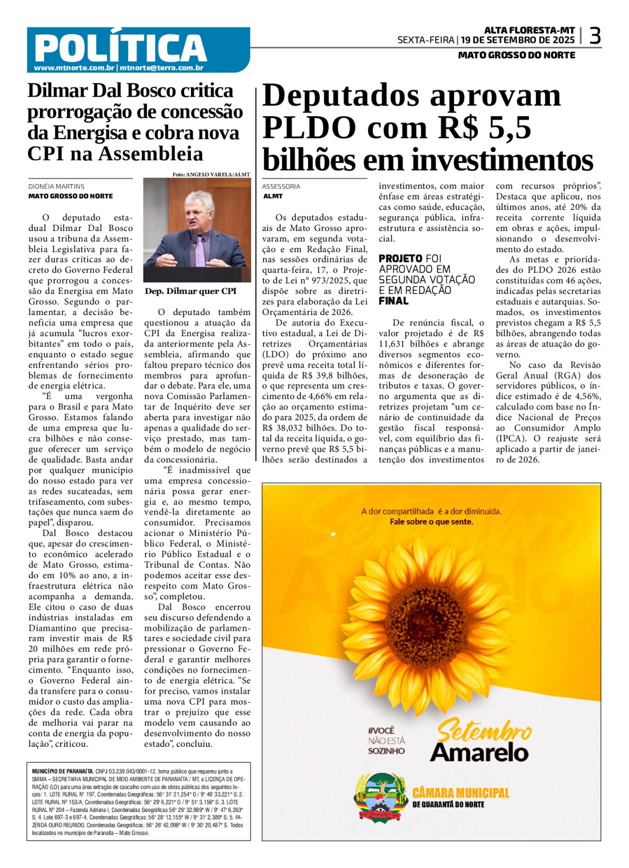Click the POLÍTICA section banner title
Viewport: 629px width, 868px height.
pyautogui.click(x=120, y=48)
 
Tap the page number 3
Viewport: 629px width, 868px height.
pyautogui.click(x=595, y=36)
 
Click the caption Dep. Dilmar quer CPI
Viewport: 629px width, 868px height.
pyautogui.click(x=190, y=291)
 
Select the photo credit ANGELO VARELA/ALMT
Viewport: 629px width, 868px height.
pyautogui.click(x=218, y=174)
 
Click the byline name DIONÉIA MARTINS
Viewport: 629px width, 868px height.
pyautogui.click(x=57, y=186)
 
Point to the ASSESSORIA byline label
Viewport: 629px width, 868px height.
pyautogui.click(x=281, y=186)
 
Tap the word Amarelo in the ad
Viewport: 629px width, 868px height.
pyautogui.click(x=479, y=752)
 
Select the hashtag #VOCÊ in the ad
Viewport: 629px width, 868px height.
pyautogui.click(x=381, y=731)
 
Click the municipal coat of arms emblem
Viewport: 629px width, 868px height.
pyautogui.click(x=378, y=798)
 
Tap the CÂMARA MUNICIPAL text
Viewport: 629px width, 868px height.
pyautogui.click(x=460, y=793)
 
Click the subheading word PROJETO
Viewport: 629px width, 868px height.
pyautogui.click(x=400, y=258)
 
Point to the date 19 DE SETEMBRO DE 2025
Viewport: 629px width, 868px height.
pyautogui.click(x=517, y=40)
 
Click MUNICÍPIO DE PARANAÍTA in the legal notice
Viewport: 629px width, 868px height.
pyautogui.click(x=62, y=771)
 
